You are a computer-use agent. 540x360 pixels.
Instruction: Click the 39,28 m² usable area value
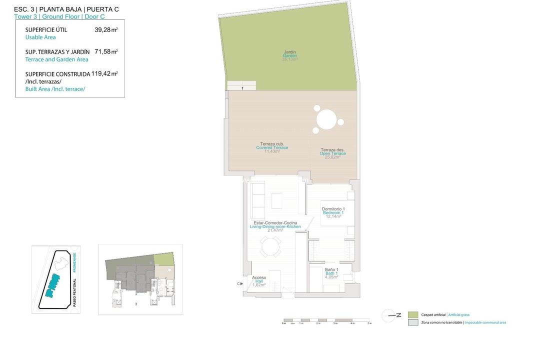coord(106,30)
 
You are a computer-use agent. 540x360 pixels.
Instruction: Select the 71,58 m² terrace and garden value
coord(106,51)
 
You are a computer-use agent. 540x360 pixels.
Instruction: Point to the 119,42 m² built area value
coord(104,73)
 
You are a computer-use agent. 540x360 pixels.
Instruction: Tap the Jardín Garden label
coord(290,55)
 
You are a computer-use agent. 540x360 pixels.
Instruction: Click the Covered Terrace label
coord(272,147)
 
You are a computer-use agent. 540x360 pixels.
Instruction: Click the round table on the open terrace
coord(326,120)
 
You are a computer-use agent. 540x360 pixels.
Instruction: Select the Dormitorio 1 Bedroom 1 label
coord(333,212)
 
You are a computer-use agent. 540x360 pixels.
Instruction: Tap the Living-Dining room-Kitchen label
coord(275,226)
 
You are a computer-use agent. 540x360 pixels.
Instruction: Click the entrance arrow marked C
coord(240,284)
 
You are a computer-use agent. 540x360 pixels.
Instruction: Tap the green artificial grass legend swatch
coord(412,315)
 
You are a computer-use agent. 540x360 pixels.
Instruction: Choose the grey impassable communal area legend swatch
coord(412,323)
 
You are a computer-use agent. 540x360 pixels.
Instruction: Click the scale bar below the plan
coord(326,320)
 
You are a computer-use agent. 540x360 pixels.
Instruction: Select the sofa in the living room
coord(258,195)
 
